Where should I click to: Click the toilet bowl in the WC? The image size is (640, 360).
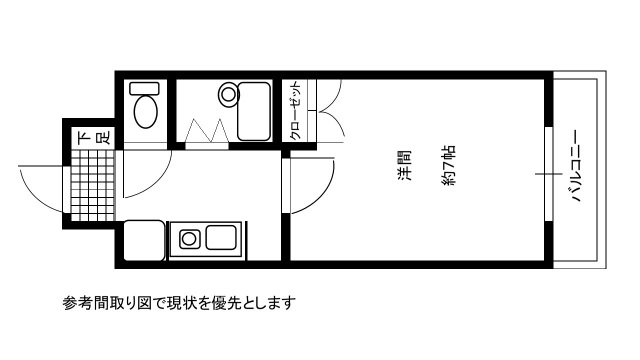[x=146, y=111]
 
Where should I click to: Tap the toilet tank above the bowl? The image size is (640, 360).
[x=146, y=88]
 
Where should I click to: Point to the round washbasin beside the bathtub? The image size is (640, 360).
[x=229, y=95]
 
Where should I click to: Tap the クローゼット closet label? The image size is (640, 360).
[x=297, y=109]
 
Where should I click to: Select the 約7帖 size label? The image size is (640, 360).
[x=449, y=166]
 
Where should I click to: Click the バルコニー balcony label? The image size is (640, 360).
[x=578, y=168]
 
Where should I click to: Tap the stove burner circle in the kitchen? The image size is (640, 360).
[x=187, y=239]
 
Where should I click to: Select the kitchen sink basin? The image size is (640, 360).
[x=221, y=239]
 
